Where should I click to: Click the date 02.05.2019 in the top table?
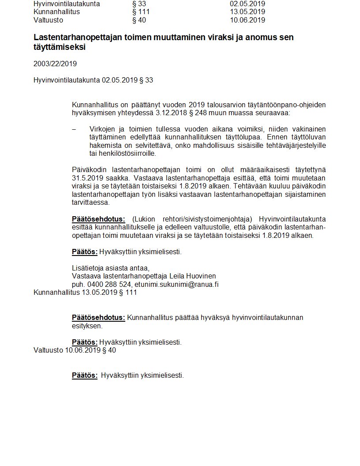click(x=247, y=4)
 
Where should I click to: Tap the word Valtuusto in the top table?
click(x=48, y=20)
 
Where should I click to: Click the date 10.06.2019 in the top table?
click(x=247, y=20)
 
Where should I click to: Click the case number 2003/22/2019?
click(x=55, y=64)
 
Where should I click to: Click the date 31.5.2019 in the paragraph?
click(x=87, y=178)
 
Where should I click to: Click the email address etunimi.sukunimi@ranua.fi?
click(x=176, y=284)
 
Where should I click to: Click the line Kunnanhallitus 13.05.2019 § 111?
click(x=85, y=292)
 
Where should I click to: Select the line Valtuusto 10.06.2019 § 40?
click(x=75, y=350)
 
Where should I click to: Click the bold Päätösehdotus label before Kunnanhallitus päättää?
click(x=98, y=318)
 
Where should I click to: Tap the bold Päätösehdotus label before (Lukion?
click(x=98, y=219)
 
